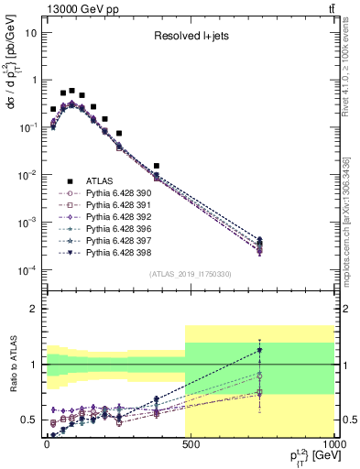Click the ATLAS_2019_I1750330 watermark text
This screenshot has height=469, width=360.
[190, 274]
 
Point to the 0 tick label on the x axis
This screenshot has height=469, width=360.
[46, 442]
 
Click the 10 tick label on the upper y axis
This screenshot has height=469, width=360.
[29, 32]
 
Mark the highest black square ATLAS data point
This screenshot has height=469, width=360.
[71, 91]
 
